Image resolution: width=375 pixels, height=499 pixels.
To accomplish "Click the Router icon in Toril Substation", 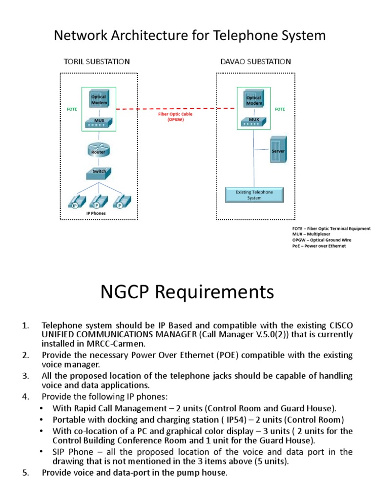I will click(x=98, y=150).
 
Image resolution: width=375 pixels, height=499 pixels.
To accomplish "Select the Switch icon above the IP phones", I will click(x=99, y=172).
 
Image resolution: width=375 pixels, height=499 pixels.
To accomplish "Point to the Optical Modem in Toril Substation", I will click(x=99, y=99).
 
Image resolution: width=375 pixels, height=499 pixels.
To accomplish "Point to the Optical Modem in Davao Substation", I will click(x=254, y=100).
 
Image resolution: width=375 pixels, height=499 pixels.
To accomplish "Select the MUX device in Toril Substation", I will click(x=99, y=122).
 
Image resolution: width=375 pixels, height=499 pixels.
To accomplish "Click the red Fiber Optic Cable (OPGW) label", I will click(x=175, y=116).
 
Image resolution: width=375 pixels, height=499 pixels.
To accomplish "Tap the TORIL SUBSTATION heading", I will click(x=97, y=61).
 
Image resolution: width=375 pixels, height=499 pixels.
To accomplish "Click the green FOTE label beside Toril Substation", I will click(x=72, y=109).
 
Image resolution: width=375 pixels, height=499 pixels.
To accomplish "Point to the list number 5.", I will click(x=26, y=472).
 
